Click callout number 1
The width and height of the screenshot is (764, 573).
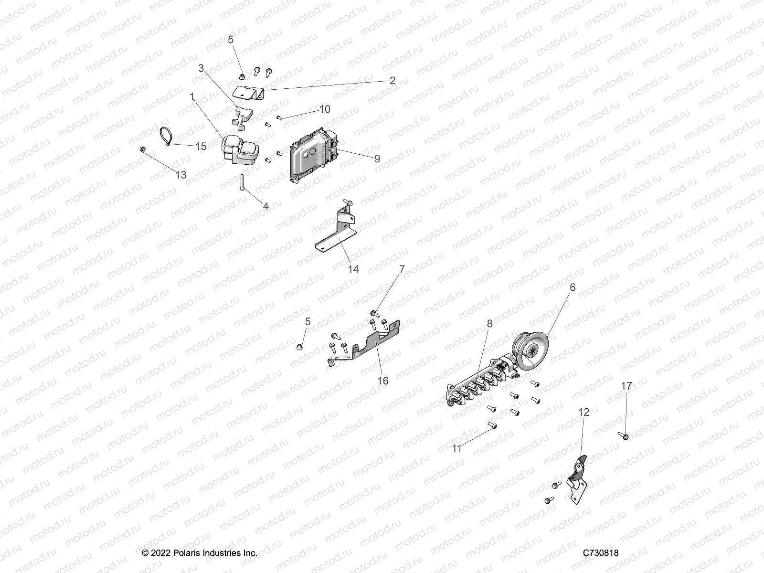[x=192, y=97]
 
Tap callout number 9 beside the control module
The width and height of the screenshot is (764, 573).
[x=377, y=159]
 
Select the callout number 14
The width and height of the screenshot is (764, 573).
[x=353, y=269]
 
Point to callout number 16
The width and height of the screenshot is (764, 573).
[x=382, y=381]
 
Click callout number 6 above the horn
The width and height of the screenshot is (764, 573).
[x=572, y=287]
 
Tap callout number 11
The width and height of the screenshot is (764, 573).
[x=457, y=448]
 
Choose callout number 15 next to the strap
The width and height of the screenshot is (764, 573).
[x=201, y=146]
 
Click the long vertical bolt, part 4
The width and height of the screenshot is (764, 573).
[x=243, y=182]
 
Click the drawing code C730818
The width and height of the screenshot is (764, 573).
[x=600, y=553]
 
